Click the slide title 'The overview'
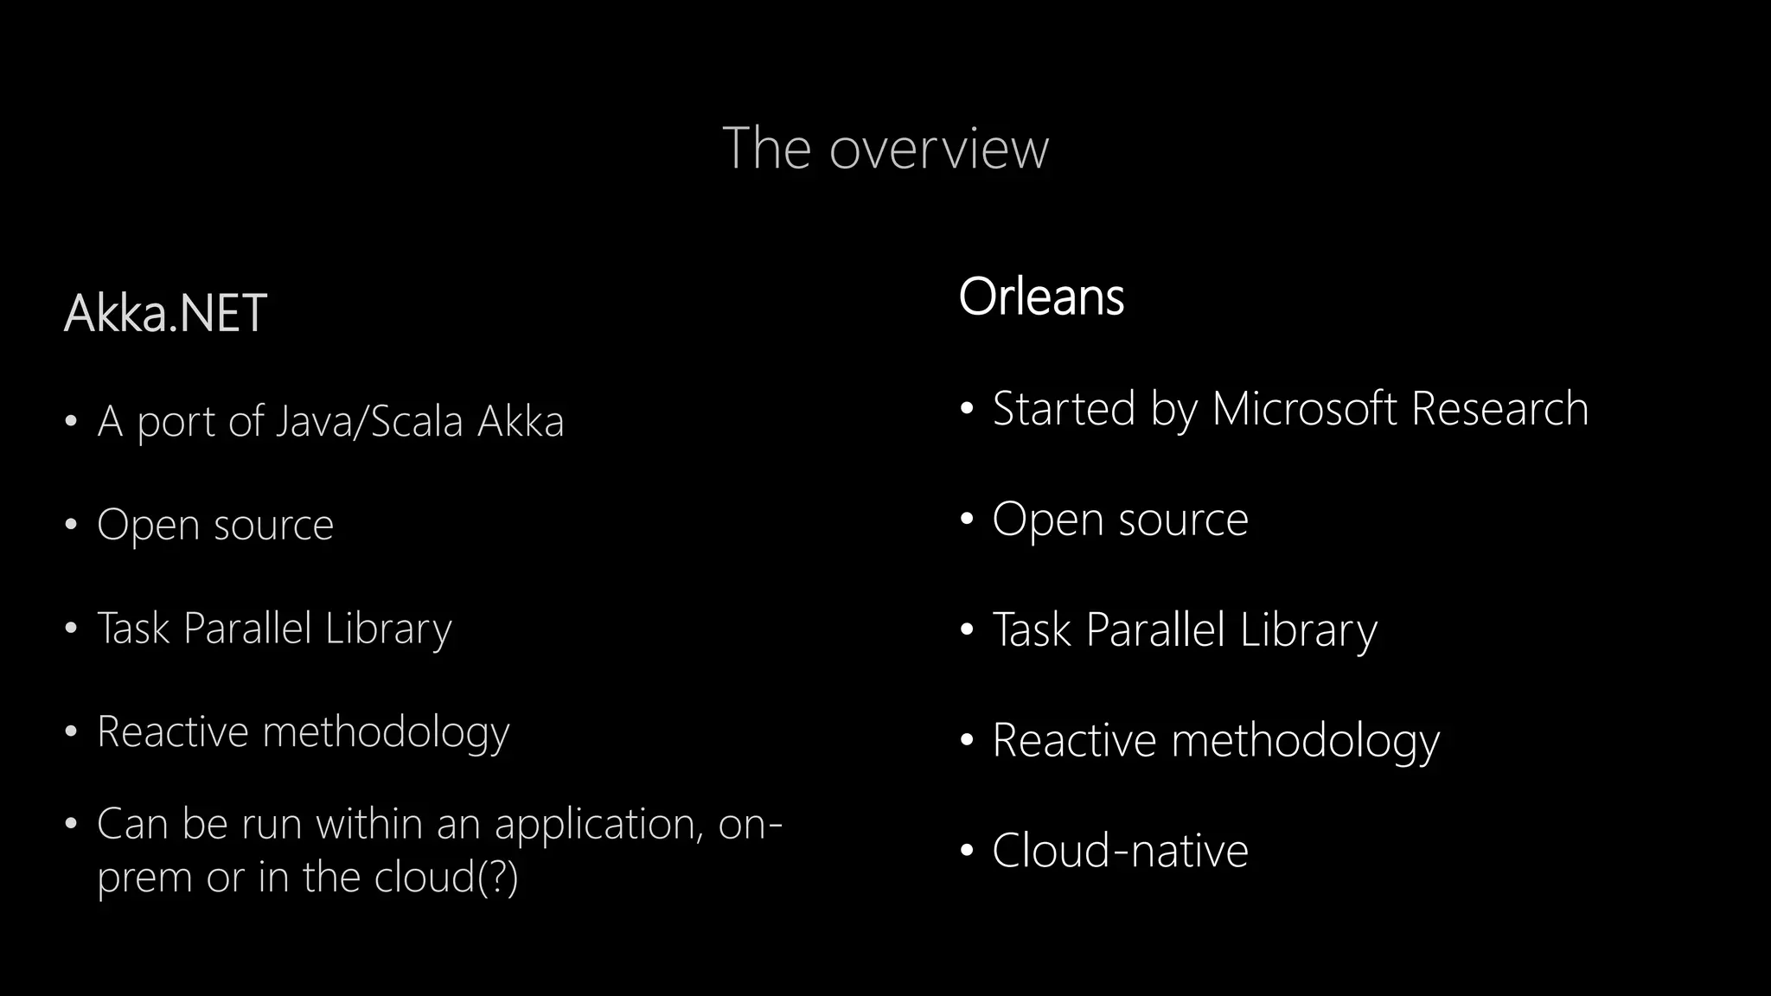point(885,149)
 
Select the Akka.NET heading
point(165,313)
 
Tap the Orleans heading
point(1041,297)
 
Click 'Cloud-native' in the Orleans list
point(1120,851)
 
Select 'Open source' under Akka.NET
point(215,525)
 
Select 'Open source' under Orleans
point(1120,520)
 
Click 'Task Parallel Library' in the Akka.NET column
point(274,629)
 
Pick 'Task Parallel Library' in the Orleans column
point(1184,630)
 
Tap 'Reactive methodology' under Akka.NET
point(303,732)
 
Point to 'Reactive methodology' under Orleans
point(1215,741)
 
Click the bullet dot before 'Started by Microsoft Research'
point(967,408)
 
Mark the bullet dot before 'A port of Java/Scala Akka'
point(72,422)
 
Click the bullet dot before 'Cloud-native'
point(967,851)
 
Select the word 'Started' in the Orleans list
point(1064,409)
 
